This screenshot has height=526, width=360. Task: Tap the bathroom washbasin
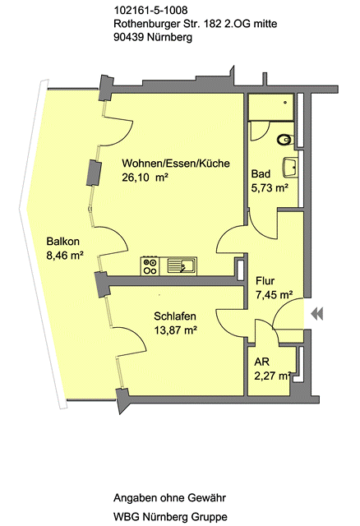coord(291,168)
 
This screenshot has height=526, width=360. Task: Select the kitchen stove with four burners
coord(150,266)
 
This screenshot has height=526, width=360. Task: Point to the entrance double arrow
coord(317,314)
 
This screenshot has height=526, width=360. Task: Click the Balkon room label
coord(63,242)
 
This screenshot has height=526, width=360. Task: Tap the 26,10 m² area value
coord(145,178)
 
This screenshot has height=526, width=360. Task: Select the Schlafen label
coord(175,316)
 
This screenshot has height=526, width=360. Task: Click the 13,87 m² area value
coord(175,330)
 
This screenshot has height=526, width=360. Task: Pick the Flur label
coord(265,281)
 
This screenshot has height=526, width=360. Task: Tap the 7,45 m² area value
coord(275,295)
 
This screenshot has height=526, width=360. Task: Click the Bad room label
coord(261,173)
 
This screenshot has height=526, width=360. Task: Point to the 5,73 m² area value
coord(270,188)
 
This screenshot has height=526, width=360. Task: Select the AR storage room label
coord(261,362)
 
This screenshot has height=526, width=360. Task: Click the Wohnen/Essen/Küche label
coord(176,164)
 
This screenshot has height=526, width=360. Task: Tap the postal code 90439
coord(129,37)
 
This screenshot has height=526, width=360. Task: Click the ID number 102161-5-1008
coord(151,11)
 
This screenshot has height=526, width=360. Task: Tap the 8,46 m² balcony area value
coord(65,256)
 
